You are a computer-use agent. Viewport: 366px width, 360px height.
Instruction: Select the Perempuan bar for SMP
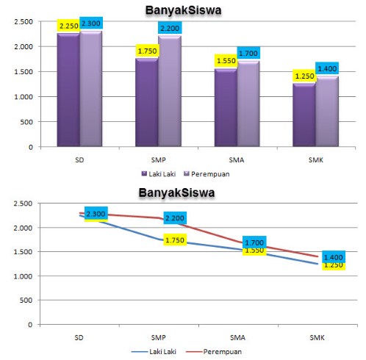coord(169,91)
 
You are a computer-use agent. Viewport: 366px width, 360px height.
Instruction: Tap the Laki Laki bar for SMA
coord(225,107)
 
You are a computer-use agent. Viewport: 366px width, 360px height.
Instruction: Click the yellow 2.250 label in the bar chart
coord(68,26)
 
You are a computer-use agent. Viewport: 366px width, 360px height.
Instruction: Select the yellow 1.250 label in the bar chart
coord(304,76)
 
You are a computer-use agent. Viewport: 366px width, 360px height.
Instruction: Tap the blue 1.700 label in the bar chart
coord(248,53)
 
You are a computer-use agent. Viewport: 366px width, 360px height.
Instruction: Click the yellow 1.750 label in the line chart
coord(173,240)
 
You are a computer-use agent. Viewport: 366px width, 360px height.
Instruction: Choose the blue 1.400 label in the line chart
coord(332,257)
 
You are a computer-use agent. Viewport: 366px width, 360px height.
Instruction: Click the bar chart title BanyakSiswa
coord(179,10)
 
